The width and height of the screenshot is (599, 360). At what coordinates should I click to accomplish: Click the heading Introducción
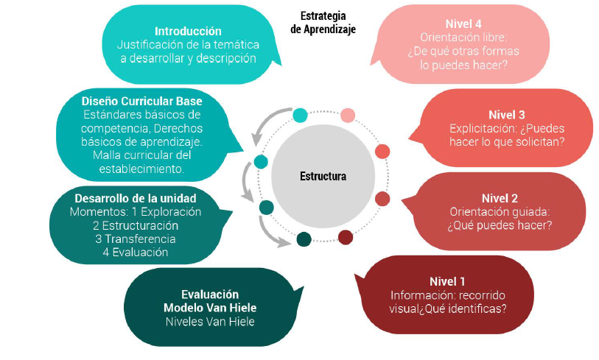[x=188, y=31]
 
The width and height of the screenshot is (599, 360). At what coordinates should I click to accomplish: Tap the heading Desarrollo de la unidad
[x=136, y=198]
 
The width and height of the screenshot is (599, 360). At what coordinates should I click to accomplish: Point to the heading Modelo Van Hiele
[x=210, y=308]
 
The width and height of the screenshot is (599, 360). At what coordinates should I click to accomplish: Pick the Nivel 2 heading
[x=500, y=198]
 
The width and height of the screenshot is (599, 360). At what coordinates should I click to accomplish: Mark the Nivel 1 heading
[x=447, y=281]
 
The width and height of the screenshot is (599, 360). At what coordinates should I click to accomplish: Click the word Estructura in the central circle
[x=323, y=177]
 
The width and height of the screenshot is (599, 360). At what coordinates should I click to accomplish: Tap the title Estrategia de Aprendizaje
[x=323, y=22]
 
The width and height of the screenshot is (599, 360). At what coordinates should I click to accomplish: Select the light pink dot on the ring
[x=348, y=115]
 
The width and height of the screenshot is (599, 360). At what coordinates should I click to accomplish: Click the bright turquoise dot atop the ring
[x=300, y=115]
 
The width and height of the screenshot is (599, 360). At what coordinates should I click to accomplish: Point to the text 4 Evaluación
[x=136, y=252]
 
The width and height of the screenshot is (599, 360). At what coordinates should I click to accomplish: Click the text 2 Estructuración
[x=136, y=225]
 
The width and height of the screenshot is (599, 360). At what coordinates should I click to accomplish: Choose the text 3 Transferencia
[x=135, y=239]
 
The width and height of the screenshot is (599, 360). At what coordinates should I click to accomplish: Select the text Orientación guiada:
[x=500, y=212]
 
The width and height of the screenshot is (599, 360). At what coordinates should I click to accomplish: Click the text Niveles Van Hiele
[x=210, y=322]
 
